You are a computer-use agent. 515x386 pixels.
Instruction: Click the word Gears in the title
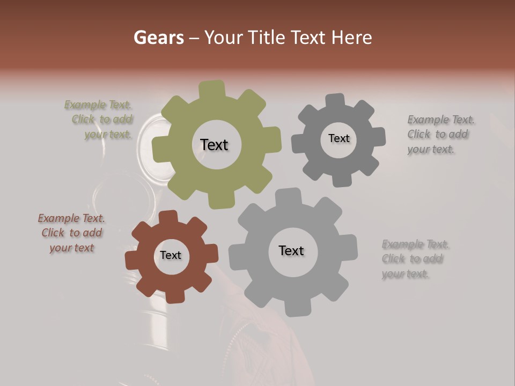point(158,38)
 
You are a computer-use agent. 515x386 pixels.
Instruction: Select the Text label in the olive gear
point(214,145)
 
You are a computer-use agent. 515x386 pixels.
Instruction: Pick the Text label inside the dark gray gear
point(339,138)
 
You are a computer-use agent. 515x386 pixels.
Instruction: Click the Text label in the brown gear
point(171,255)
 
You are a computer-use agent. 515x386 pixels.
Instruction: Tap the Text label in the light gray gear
point(291,250)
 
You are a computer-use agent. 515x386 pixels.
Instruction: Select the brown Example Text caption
point(71,233)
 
